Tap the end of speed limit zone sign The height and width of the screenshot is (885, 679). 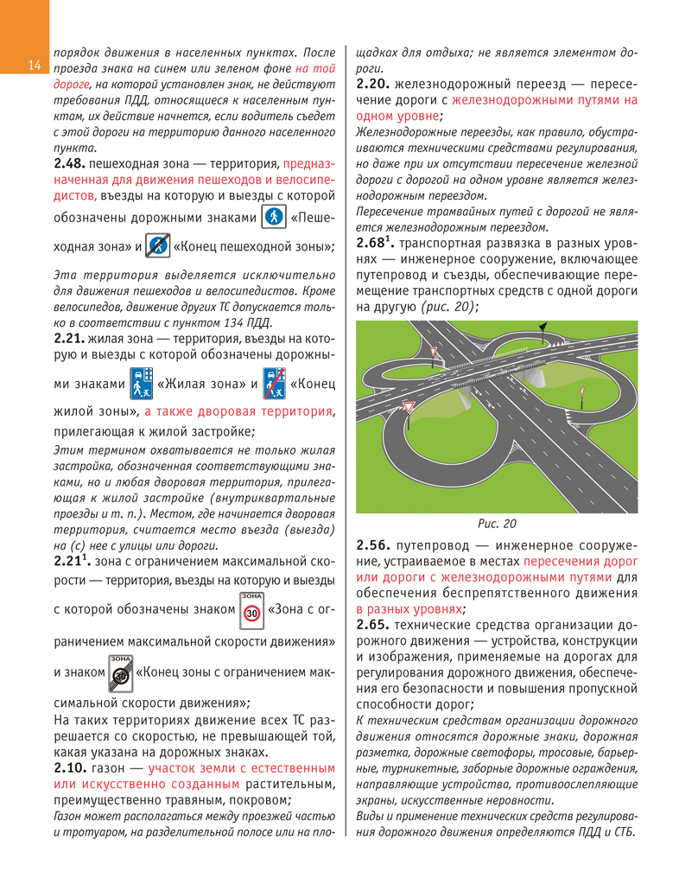(x=119, y=672)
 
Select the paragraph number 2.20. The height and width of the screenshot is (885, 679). (x=372, y=84)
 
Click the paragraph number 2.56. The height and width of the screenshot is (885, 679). (x=372, y=546)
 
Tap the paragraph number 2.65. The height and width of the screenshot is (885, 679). (x=372, y=624)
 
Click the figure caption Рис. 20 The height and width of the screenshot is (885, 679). (x=497, y=523)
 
